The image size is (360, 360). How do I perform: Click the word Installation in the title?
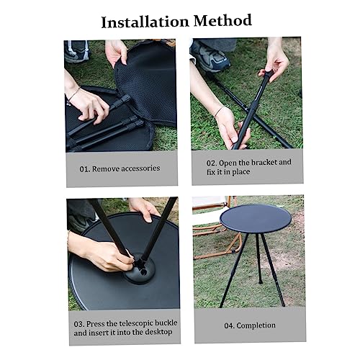(x=145, y=22)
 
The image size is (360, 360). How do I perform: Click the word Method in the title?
(x=222, y=20)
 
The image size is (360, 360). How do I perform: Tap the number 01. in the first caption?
(x=85, y=169)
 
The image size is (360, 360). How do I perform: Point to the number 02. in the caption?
(x=212, y=163)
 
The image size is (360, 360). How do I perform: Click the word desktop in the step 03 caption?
(x=158, y=333)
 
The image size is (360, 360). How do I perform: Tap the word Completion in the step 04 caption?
(x=256, y=325)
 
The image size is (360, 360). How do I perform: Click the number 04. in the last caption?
(x=229, y=326)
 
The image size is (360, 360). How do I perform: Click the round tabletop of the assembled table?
(x=256, y=219)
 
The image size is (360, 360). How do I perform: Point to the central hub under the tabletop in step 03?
(x=140, y=269)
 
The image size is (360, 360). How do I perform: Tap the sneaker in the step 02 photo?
(x=211, y=58)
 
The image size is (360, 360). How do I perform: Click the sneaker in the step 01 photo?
(x=76, y=51)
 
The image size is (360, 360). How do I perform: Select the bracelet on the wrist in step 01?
(x=72, y=96)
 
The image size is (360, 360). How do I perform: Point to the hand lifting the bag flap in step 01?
(x=116, y=53)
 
